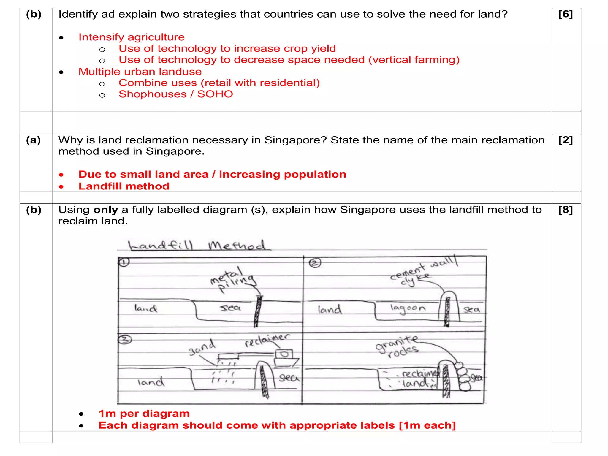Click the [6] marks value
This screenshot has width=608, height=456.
coord(566,14)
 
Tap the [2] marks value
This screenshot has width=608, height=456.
coord(566,140)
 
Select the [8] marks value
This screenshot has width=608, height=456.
coord(566,210)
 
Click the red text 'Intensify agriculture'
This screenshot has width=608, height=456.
coord(132,37)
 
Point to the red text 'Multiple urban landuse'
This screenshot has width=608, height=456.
coord(140,72)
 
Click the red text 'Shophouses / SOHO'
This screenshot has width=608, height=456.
coord(176,94)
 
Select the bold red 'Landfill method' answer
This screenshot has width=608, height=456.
coord(124,186)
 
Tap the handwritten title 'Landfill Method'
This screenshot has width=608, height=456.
coord(197,246)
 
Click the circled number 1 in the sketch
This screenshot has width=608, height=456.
coord(124,262)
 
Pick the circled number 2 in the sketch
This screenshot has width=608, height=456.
coord(315,263)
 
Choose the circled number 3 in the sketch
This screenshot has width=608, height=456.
coord(125,340)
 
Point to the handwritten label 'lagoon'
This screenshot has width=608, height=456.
coord(408,308)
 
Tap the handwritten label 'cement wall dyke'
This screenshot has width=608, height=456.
coord(422,271)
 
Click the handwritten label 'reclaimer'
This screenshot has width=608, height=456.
coord(266,340)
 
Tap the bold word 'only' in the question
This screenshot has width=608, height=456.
coord(106,210)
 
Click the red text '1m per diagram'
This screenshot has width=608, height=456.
coord(144,414)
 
